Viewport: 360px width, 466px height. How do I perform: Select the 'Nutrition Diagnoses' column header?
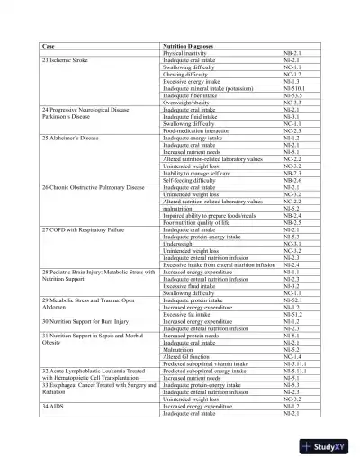[x=192, y=44]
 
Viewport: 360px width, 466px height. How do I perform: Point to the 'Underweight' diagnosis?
[x=180, y=243]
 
